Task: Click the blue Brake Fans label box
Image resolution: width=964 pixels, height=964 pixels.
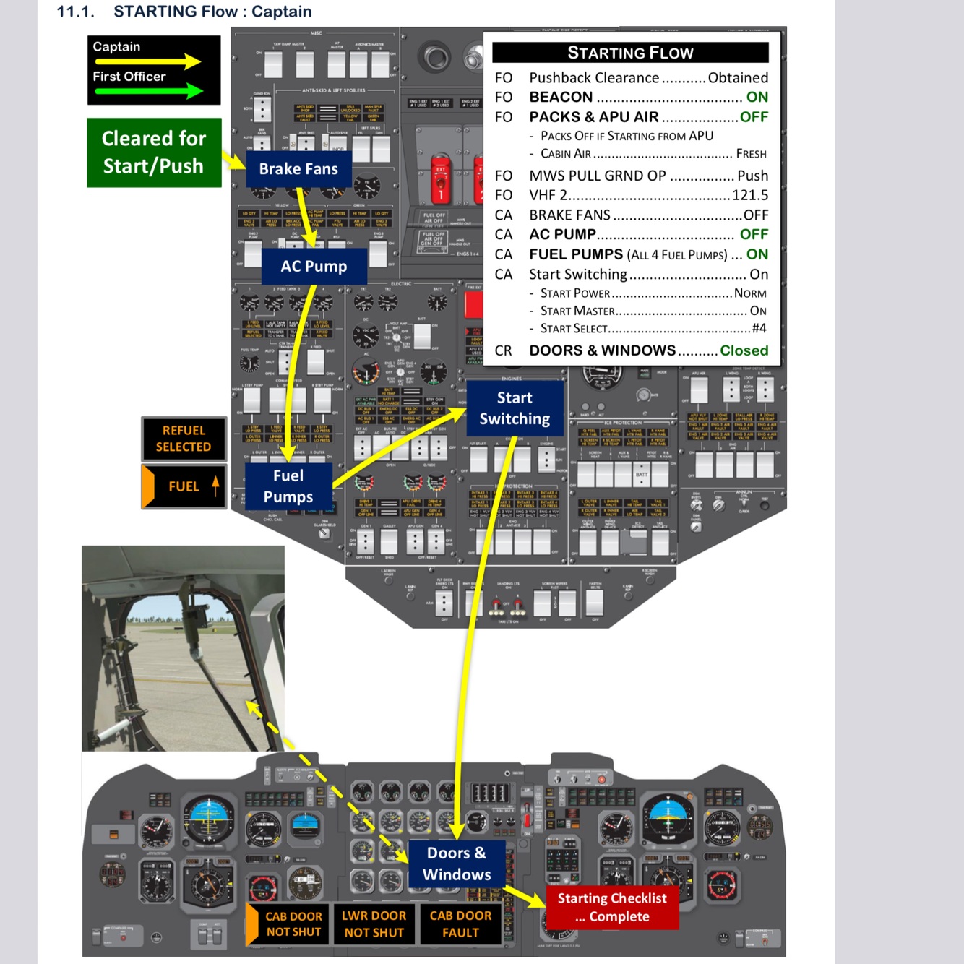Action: pyautogui.click(x=298, y=169)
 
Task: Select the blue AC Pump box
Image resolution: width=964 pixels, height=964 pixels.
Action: pyautogui.click(x=314, y=266)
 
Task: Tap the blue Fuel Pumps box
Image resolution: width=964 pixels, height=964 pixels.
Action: pyautogui.click(x=288, y=486)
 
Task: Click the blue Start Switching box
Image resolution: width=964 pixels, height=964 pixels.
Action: pyautogui.click(x=515, y=408)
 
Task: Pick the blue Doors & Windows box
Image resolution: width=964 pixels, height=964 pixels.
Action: pyautogui.click(x=457, y=864)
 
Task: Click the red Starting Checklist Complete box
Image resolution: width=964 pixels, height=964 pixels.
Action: pyautogui.click(x=612, y=907)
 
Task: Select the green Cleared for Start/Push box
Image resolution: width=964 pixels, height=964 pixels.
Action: pyautogui.click(x=154, y=152)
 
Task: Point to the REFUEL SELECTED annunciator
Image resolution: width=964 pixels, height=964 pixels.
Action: pyautogui.click(x=184, y=439)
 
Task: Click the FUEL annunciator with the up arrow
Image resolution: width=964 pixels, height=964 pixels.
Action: pyautogui.click(x=184, y=486)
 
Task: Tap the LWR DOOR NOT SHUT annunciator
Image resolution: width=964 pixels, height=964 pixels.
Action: pyautogui.click(x=374, y=924)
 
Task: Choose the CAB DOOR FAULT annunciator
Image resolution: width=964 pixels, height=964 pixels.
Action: pyautogui.click(x=460, y=924)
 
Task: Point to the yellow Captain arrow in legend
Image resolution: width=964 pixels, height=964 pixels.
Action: pyautogui.click(x=148, y=61)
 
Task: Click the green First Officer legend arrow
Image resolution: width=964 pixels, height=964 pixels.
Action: pyautogui.click(x=148, y=91)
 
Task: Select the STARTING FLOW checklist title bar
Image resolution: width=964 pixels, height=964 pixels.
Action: pyautogui.click(x=630, y=53)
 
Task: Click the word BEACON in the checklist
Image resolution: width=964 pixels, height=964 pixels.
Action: pyautogui.click(x=561, y=97)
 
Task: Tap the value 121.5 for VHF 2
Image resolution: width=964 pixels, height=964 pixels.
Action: pyautogui.click(x=750, y=195)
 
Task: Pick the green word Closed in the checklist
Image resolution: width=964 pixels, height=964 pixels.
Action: pyautogui.click(x=744, y=350)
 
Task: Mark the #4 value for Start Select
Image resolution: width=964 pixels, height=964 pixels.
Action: pyautogui.click(x=759, y=328)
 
